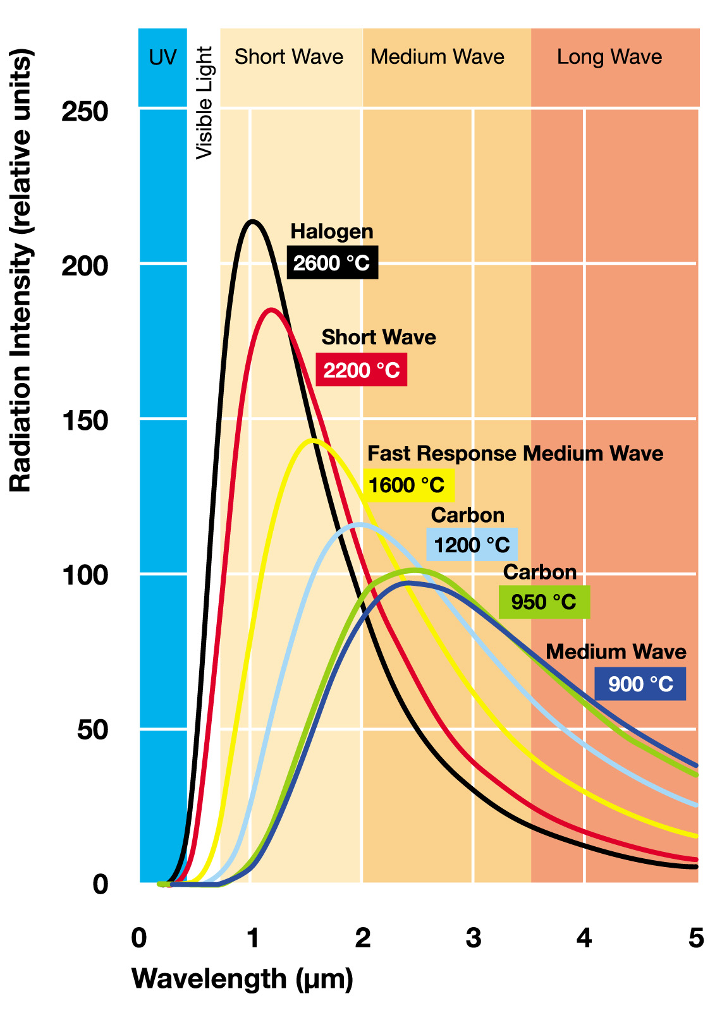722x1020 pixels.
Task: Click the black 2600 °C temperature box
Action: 333,262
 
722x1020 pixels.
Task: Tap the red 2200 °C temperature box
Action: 362,370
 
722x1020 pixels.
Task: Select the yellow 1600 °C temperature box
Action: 408,485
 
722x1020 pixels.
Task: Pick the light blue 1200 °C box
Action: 472,545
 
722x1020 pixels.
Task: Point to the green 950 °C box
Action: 544,602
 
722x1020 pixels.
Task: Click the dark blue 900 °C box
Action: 640,684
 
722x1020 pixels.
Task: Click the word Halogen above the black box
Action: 332,232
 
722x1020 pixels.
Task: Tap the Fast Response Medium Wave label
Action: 515,454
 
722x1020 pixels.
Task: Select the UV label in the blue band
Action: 162,58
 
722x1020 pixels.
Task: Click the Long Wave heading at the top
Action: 609,57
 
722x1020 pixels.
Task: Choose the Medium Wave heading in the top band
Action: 437,57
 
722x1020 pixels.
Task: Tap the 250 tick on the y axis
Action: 85,112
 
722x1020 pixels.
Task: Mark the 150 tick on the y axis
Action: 85,420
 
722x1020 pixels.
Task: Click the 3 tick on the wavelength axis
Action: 473,938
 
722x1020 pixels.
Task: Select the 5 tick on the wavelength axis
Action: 695,938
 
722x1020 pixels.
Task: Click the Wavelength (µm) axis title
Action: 242,979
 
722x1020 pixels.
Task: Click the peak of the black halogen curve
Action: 253,221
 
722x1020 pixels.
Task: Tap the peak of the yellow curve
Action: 312,440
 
